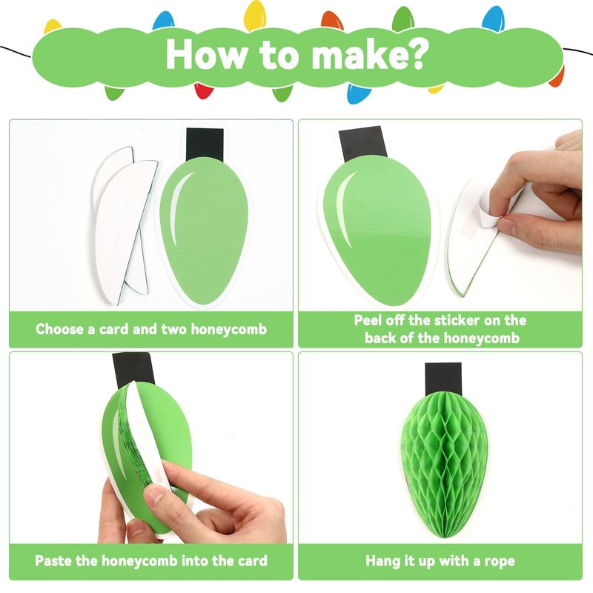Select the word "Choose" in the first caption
click(60, 329)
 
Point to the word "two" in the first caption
click(173, 329)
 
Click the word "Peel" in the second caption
click(368, 320)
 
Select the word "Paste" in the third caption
click(53, 560)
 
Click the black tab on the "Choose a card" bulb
click(205, 144)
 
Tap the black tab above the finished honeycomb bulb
click(443, 379)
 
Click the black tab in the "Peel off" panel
click(362, 144)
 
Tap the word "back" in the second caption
click(380, 337)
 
